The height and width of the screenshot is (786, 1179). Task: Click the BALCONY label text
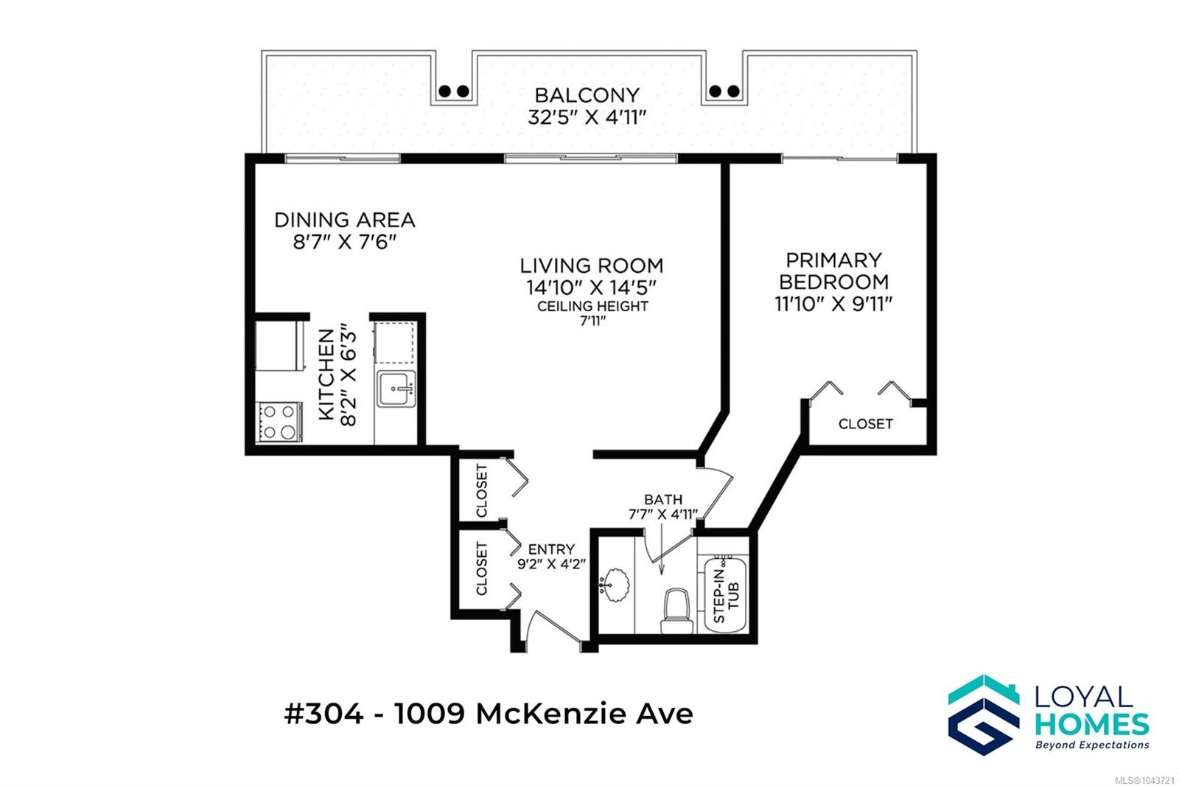point(587,95)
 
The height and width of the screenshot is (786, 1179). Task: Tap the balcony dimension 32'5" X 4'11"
point(587,117)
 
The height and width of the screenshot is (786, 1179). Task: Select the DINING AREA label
point(345,220)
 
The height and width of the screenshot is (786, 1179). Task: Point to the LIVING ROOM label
point(592,265)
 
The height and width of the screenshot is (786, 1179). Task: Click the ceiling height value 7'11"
point(592,321)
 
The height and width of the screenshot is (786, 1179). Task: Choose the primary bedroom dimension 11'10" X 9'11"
point(833,304)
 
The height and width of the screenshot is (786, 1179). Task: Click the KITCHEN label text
point(327,375)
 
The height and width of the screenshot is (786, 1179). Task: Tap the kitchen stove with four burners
point(279,422)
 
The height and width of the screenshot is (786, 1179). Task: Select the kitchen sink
point(396,389)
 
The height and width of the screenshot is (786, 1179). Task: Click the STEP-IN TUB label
point(727,596)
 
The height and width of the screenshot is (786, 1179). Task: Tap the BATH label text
point(663,499)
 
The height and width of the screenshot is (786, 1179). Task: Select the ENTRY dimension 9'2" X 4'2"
point(552,564)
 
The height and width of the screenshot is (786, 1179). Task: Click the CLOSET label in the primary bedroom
point(866,424)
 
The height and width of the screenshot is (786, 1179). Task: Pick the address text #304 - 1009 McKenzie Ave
point(489,714)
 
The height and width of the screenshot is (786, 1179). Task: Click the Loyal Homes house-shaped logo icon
point(984,715)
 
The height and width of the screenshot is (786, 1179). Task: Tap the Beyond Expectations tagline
point(1092,745)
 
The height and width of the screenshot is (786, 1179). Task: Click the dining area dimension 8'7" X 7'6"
point(345,242)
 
